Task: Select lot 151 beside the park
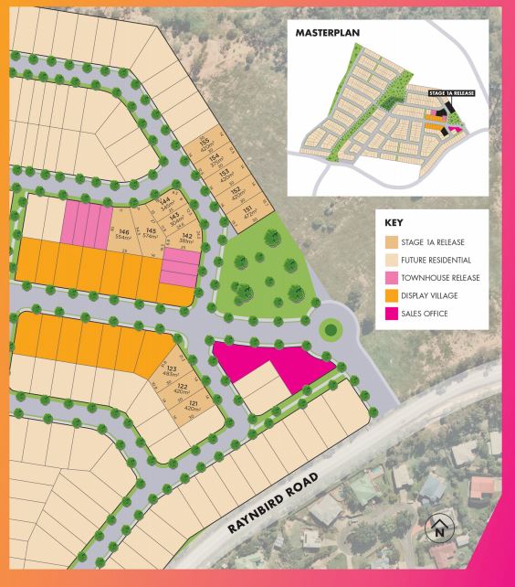247,213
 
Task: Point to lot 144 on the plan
165,202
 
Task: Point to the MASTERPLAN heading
328,33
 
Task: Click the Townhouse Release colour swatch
393,277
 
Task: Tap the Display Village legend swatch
393,295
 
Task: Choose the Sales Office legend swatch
393,314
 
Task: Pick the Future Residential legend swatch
393,260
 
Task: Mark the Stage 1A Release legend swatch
393,241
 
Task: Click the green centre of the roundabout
330,326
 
